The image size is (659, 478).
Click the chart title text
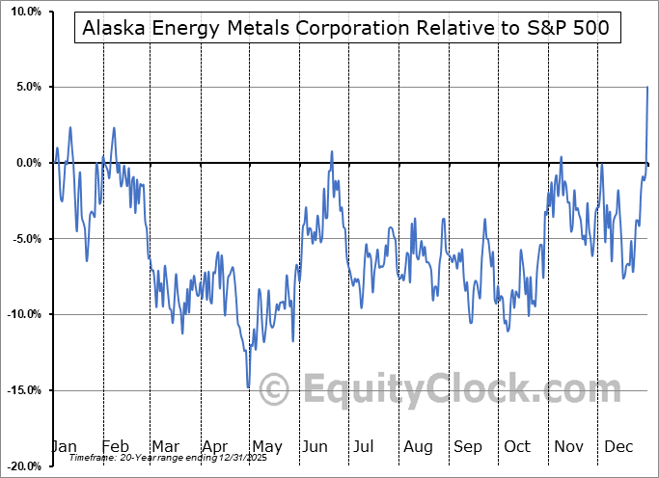pos(345,28)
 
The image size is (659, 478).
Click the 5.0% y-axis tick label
pos(24,87)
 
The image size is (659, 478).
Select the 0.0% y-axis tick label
pos(24,163)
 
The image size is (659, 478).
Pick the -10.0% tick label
pos(20,314)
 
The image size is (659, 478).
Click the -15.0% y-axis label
pos(20,390)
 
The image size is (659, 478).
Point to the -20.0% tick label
pos(20,466)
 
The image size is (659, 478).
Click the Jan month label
pos(64,447)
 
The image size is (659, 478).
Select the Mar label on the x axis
pos(164,447)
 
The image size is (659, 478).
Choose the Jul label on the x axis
pos(365,447)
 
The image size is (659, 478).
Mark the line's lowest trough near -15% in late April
pos(248,387)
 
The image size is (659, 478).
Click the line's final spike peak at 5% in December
pos(646,88)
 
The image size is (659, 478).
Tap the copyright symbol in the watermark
pos(275,389)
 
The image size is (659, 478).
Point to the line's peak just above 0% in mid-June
pos(332,151)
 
